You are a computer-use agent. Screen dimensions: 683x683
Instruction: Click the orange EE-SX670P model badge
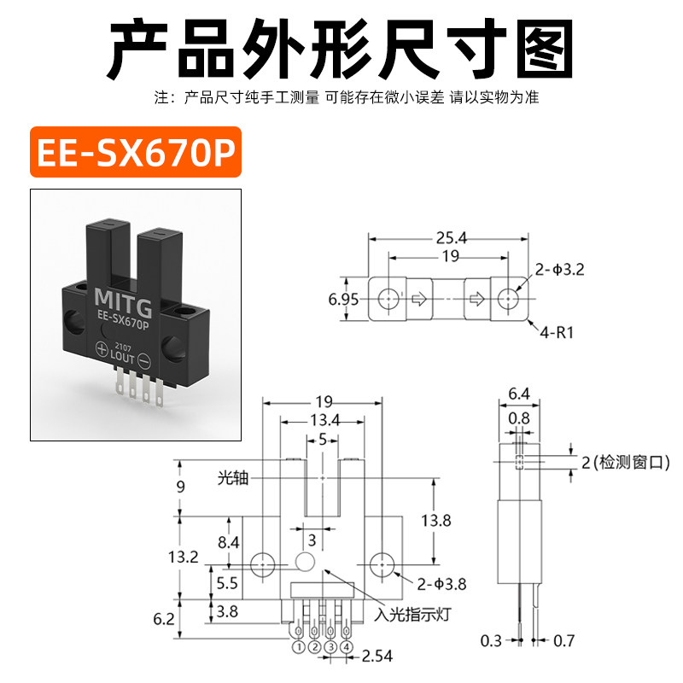pyautogui.click(x=136, y=152)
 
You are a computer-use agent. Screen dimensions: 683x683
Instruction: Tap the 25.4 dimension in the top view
pyautogui.click(x=452, y=238)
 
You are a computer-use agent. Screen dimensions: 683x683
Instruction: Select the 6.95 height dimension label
pyautogui.click(x=343, y=300)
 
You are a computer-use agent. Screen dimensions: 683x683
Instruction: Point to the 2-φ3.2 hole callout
pyautogui.click(x=559, y=270)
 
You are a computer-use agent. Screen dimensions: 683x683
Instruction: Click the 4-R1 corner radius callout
pyautogui.click(x=557, y=333)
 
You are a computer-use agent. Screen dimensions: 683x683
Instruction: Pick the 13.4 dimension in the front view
pyautogui.click(x=325, y=420)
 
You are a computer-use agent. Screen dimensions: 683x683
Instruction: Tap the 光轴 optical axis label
pyautogui.click(x=233, y=478)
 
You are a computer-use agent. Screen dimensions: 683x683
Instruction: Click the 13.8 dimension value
pyautogui.click(x=436, y=520)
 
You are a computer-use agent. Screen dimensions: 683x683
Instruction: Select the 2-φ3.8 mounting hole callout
pyautogui.click(x=441, y=584)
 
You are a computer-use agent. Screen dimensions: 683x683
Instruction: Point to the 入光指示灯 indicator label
pyautogui.click(x=412, y=615)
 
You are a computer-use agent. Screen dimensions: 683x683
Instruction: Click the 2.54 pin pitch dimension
pyautogui.click(x=377, y=656)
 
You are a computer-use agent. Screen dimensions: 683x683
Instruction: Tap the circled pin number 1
pyautogui.click(x=299, y=647)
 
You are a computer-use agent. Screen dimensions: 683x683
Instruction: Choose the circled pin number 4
pyautogui.click(x=347, y=647)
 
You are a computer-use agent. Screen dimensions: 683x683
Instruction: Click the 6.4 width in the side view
pyautogui.click(x=519, y=394)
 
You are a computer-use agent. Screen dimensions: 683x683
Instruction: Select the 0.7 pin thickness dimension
pyautogui.click(x=563, y=641)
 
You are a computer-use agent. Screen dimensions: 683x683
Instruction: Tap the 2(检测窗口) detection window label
pyautogui.click(x=626, y=462)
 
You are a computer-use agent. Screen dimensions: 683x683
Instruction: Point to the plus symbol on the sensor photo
pyautogui.click(x=102, y=348)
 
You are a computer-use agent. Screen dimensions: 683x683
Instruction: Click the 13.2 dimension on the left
pyautogui.click(x=184, y=557)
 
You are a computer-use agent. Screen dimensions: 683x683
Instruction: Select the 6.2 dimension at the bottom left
pyautogui.click(x=164, y=618)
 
